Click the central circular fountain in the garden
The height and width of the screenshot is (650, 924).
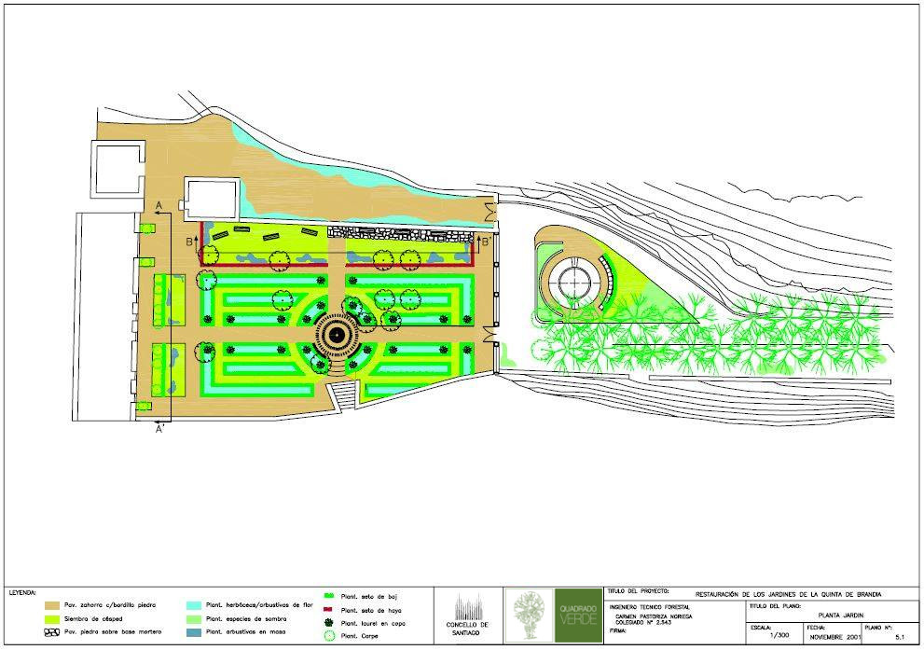click(336, 335)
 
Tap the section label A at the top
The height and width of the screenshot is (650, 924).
click(159, 203)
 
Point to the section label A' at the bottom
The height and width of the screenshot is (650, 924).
click(159, 429)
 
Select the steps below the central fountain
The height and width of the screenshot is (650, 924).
click(345, 396)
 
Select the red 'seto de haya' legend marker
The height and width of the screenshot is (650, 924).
click(328, 609)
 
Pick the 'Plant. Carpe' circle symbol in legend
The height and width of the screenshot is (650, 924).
click(328, 636)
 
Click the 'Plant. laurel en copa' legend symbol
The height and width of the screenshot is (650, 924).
click(328, 622)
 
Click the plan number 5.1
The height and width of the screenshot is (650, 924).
click(899, 637)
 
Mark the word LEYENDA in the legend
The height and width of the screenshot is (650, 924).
click(23, 592)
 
